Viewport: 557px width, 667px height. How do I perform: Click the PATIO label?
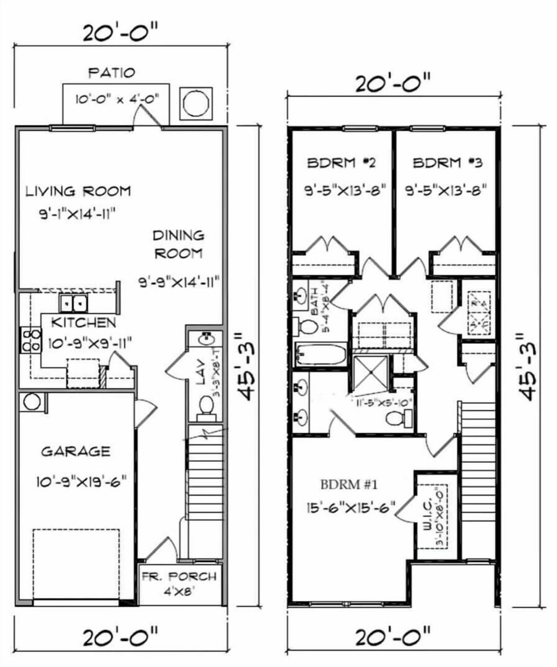tap(111, 72)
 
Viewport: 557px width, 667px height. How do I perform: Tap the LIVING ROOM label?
tap(78, 191)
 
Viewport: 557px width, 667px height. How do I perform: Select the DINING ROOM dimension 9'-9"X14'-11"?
tap(182, 283)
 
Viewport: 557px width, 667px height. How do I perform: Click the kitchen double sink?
tap(74, 303)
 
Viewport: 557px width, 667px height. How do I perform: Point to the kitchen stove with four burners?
tap(31, 340)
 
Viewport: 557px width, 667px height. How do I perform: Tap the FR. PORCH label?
tap(179, 577)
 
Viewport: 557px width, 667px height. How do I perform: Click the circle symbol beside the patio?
tap(196, 104)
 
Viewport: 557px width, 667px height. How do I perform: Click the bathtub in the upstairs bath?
tap(321, 354)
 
